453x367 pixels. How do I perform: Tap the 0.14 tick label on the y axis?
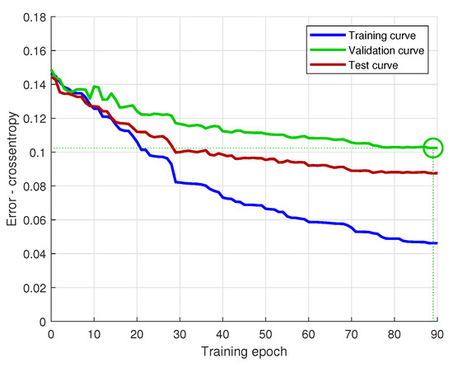pyautogui.click(x=33, y=84)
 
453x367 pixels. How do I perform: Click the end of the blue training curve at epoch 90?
pyautogui.click(x=436, y=243)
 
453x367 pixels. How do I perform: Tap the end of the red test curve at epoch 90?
pyautogui.click(x=436, y=173)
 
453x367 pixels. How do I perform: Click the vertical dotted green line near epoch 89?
pyautogui.click(x=432, y=247)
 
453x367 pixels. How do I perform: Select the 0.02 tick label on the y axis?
pyautogui.click(x=33, y=288)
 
